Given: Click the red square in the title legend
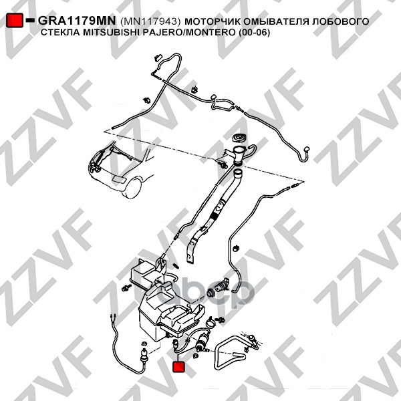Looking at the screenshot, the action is click(15, 20).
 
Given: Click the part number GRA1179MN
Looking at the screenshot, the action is click(77, 21).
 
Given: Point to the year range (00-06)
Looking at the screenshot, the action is click(254, 33).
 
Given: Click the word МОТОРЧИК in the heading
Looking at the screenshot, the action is click(213, 21).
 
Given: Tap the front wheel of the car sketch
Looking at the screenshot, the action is click(133, 188).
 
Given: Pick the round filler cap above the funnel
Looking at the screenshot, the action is click(239, 139).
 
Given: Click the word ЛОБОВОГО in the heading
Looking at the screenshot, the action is click(340, 21).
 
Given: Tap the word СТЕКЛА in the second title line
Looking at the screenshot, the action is click(60, 33).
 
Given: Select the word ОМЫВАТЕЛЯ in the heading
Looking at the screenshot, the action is click(275, 21).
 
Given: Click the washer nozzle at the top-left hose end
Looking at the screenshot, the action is click(158, 57).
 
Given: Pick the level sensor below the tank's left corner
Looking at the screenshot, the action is click(144, 355).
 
